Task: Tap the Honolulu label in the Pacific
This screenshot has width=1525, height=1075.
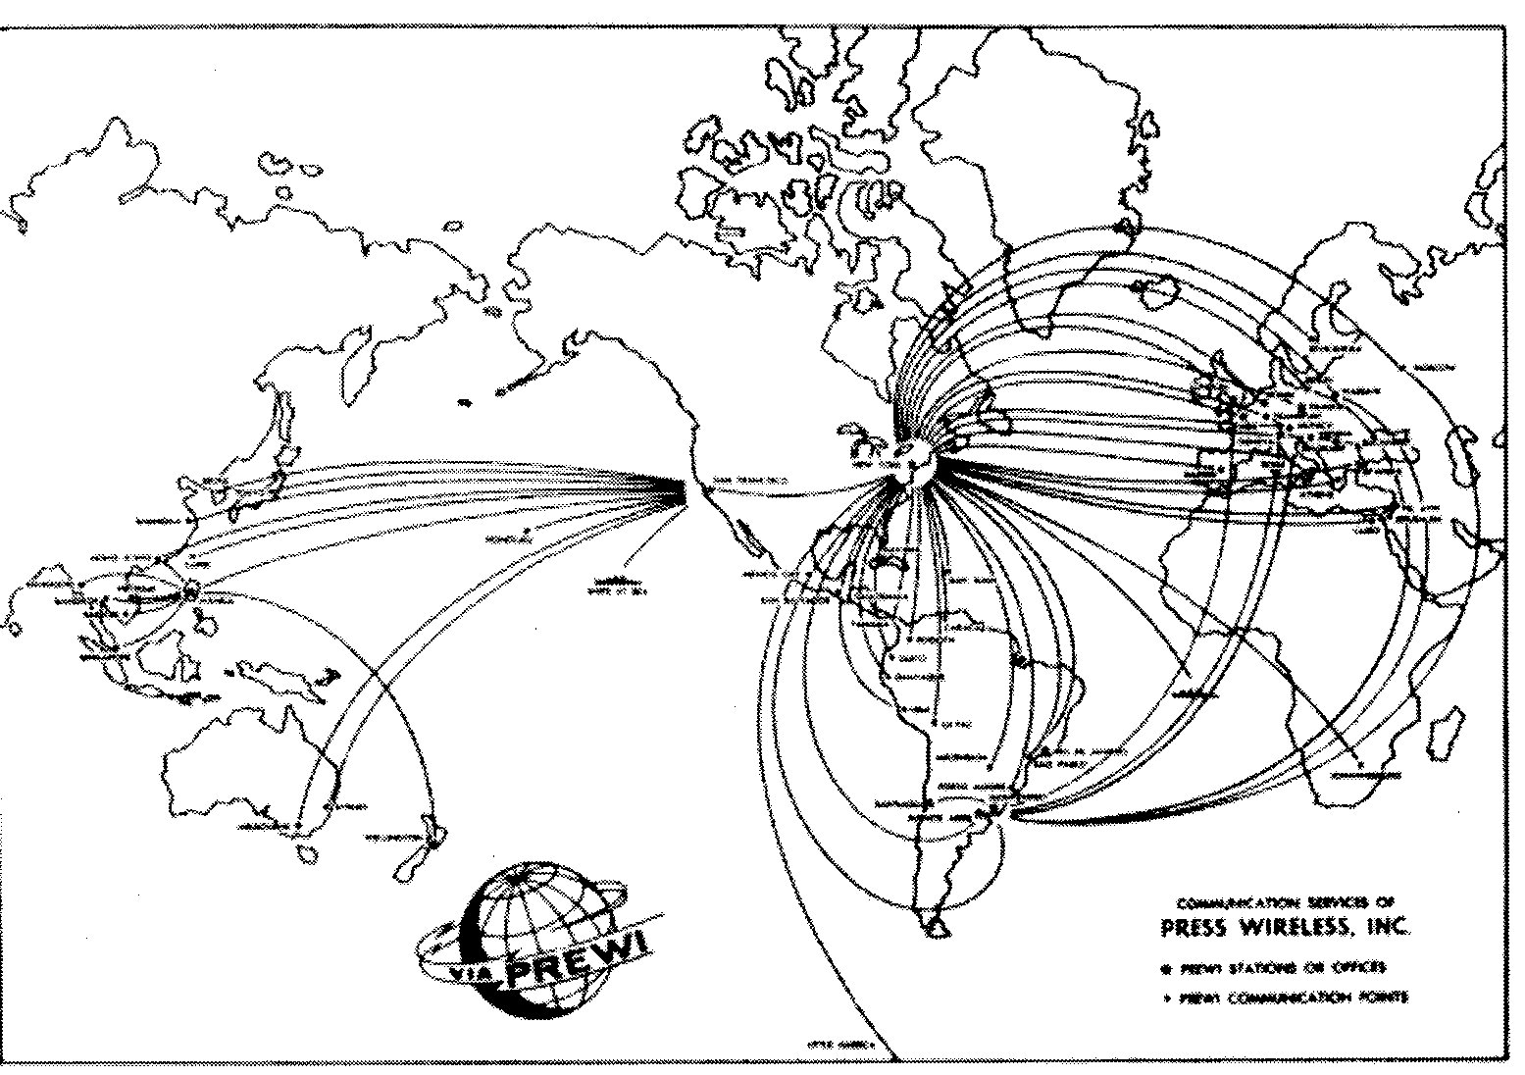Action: point(506,539)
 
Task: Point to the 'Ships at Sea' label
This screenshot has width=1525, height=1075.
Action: point(619,585)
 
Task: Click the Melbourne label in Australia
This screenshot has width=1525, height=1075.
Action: point(263,827)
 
